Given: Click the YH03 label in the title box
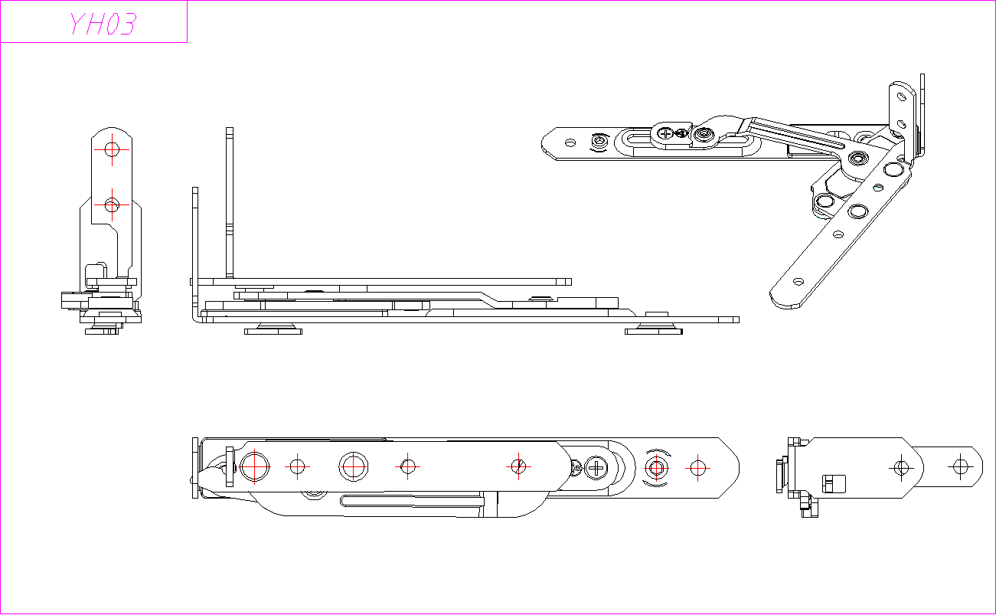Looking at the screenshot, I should click(102, 24).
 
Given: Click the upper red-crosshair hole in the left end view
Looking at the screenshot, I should click(113, 149).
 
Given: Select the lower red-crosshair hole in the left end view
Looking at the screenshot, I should click(113, 205).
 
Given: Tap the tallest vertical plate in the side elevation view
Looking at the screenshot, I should click(229, 203).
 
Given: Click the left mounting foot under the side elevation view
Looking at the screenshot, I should click(273, 329).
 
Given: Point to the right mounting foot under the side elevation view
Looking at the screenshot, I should click(653, 329).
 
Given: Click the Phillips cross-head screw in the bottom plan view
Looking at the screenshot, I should click(596, 466).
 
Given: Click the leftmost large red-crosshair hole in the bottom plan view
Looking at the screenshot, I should click(254, 466).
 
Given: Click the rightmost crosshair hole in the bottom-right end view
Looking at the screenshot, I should click(960, 465).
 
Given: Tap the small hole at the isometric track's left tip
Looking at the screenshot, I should click(570, 142).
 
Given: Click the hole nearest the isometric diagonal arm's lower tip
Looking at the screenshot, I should click(798, 282).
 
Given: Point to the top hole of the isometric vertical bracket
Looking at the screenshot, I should click(901, 96).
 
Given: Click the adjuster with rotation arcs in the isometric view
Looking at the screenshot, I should click(599, 142).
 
